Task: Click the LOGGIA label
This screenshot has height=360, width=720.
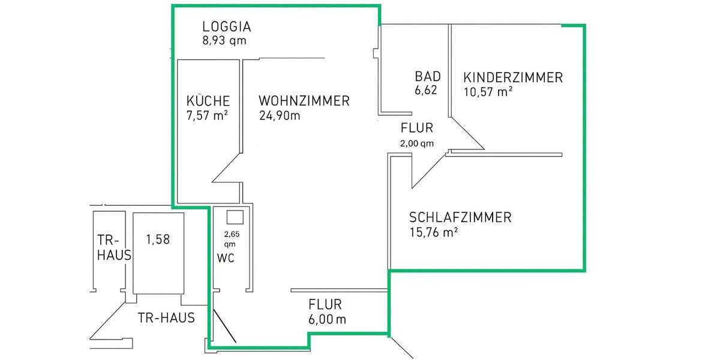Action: tap(226, 26)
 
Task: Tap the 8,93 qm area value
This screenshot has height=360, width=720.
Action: tap(224, 41)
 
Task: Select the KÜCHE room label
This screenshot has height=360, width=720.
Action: tap(208, 101)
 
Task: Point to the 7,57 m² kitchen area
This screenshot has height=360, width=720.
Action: tap(207, 115)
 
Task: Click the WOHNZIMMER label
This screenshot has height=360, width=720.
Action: tap(304, 101)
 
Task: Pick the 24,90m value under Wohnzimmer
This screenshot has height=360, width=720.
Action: tap(280, 115)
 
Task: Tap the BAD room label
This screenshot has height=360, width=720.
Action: tap(428, 77)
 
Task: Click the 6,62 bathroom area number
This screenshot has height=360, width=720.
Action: tap(426, 91)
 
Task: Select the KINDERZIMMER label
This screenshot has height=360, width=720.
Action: tap(513, 77)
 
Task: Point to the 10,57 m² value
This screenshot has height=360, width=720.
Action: tap(488, 92)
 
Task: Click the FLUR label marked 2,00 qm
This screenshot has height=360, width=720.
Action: tap(417, 128)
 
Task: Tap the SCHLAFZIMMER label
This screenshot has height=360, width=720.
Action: tap(460, 217)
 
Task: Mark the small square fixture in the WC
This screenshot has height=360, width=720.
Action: tap(235, 217)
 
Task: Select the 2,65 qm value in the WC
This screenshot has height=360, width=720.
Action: tap(230, 239)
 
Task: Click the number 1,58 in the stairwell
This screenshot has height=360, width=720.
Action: tap(158, 239)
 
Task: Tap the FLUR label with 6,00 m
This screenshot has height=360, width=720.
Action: tap(325, 304)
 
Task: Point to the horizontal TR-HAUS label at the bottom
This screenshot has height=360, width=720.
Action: tap(166, 318)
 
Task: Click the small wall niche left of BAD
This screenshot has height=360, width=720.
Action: tap(376, 54)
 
